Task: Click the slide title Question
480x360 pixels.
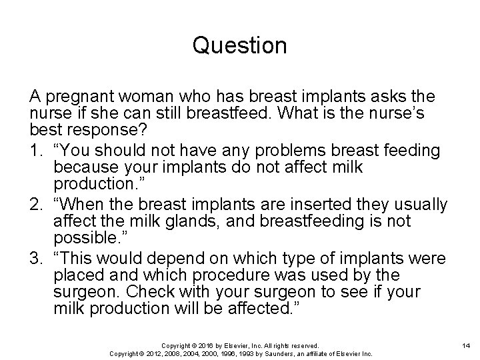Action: tap(239, 46)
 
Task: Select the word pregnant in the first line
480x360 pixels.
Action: tap(71, 97)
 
